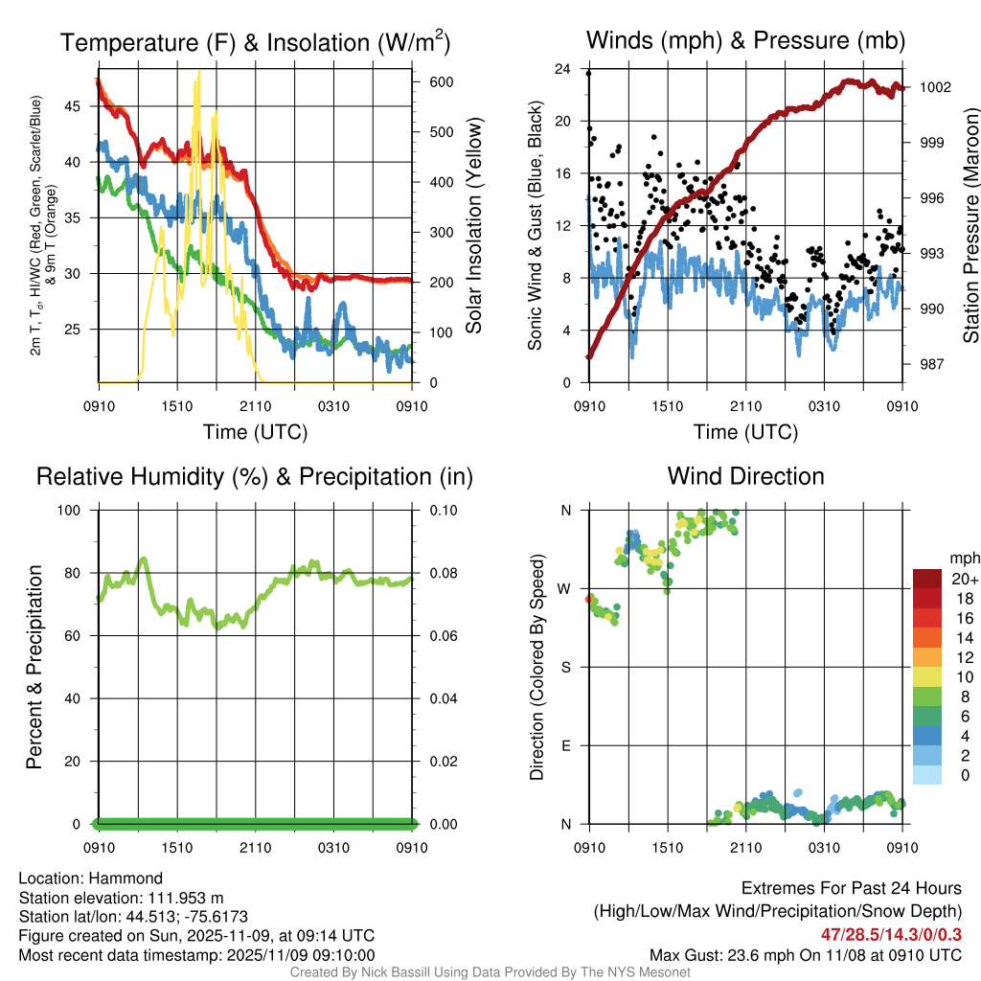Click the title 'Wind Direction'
745,476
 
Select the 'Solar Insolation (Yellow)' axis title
474,226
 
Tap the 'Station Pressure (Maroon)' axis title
970,226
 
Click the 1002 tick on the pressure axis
934,87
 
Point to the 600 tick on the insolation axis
442,82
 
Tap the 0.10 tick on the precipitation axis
442,511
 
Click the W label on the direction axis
565,588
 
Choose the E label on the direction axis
566,745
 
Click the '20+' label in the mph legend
964,579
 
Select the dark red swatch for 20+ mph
928,579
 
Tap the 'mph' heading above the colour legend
963,558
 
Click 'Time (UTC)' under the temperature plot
255,432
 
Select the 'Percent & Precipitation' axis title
34,667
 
